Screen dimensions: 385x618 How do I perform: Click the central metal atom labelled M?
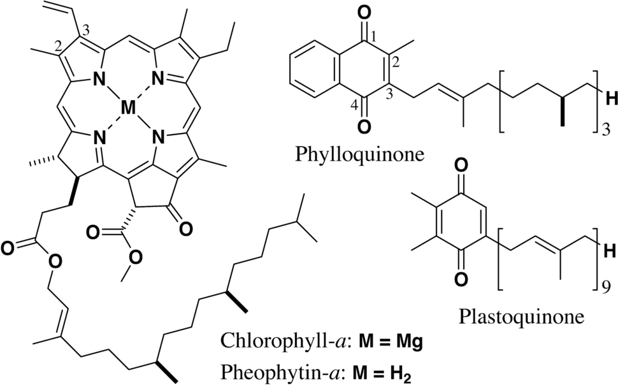(x=127, y=108)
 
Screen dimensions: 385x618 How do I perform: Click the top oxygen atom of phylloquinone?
(x=362, y=12)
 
